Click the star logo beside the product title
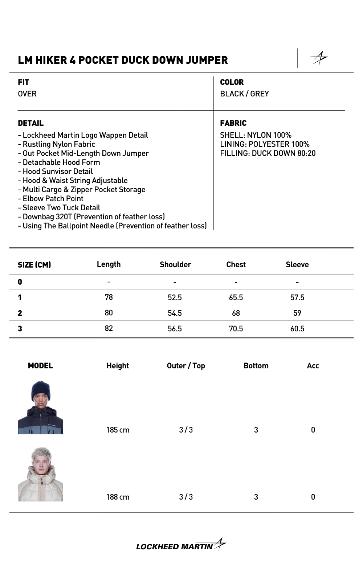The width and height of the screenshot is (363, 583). tap(319, 58)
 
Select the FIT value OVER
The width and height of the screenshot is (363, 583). tap(27, 94)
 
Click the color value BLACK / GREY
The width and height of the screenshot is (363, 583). tap(244, 94)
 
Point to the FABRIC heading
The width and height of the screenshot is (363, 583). tap(233, 123)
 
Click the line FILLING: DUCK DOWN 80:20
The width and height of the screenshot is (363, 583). tap(268, 153)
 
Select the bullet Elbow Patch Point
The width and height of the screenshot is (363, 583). tap(53, 199)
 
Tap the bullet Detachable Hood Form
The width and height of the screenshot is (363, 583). tap(61, 162)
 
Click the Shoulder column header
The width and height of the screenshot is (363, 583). tap(175, 265)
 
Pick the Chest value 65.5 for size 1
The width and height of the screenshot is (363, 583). tap(236, 298)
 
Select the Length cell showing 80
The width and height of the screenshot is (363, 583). tap(109, 313)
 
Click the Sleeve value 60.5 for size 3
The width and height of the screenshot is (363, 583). tap(297, 329)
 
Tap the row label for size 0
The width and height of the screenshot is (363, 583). tap(20, 282)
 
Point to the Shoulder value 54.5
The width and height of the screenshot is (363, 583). tap(175, 313)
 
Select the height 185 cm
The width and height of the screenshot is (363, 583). tap(118, 430)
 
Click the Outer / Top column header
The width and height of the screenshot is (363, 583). tap(186, 366)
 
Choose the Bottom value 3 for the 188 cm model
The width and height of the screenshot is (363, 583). tap(256, 497)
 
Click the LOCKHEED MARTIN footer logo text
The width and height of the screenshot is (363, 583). tap(175, 547)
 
